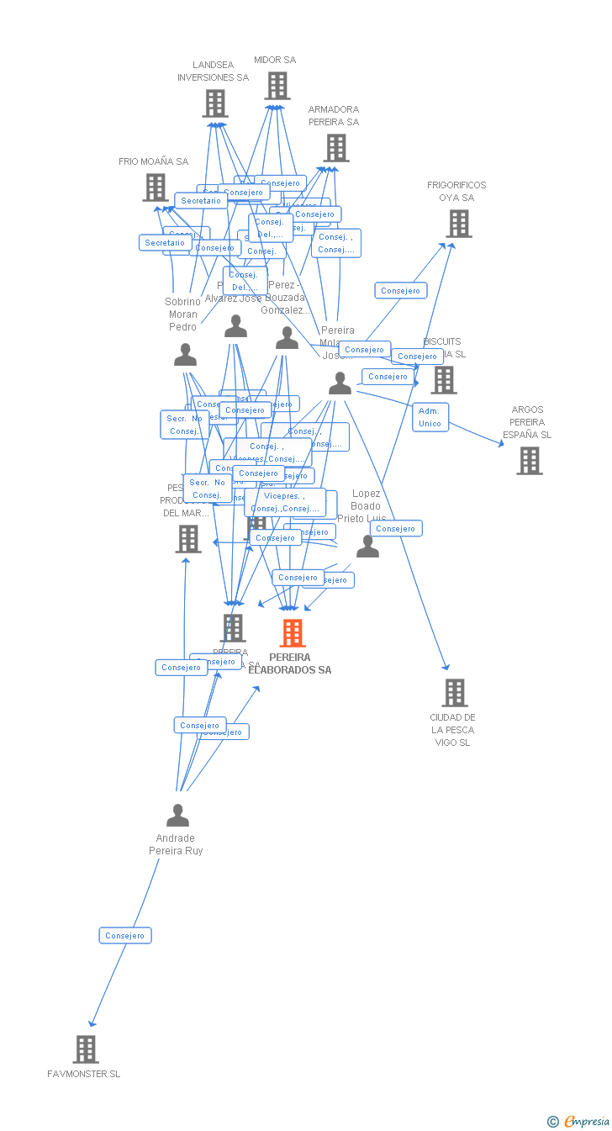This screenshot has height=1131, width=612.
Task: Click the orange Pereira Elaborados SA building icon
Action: coord(292,633)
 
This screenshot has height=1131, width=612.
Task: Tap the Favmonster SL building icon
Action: coord(86,1049)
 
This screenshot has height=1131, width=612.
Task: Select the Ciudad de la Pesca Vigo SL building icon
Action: coord(454,693)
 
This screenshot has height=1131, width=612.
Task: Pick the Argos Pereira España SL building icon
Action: coord(529,461)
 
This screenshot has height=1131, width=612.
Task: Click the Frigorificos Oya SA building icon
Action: coord(458,224)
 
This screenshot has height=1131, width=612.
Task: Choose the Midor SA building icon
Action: coord(277,86)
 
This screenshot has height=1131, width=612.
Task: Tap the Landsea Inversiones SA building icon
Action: coord(215,103)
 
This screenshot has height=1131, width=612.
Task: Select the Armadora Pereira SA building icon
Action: coord(335,148)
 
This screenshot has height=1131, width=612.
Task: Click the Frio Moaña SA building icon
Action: coord(155,188)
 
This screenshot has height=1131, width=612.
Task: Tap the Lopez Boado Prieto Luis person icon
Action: coord(367,547)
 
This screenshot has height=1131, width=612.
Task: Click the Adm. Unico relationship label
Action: coord(430,417)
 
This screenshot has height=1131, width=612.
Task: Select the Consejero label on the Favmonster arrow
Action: coord(125,935)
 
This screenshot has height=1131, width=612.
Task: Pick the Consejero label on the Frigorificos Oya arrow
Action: coord(400,291)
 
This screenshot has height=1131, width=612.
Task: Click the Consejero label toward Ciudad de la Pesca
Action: coord(395,529)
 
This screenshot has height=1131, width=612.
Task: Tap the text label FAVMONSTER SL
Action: coord(84,1074)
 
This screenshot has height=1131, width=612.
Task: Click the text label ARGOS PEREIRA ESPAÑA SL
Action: coord(527,422)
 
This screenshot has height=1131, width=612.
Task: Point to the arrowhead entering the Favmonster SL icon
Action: coord(92,1023)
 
